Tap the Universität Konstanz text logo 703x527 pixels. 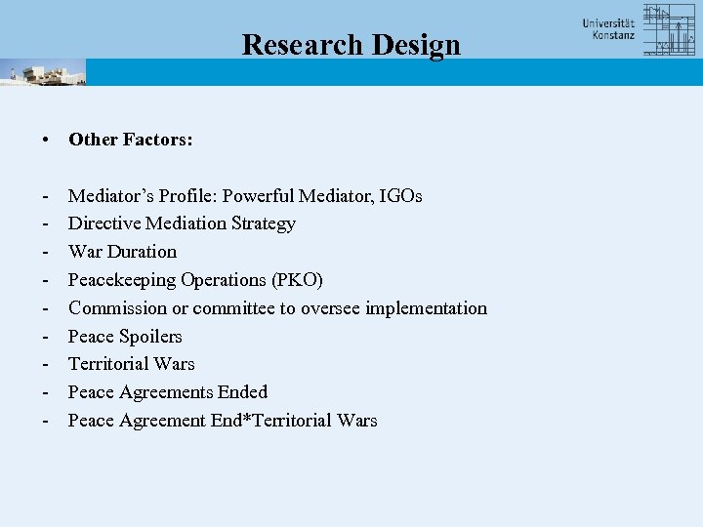pyautogui.click(x=608, y=29)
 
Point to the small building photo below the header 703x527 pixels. pyautogui.click(x=43, y=72)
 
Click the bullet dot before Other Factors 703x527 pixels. pyautogui.click(x=47, y=140)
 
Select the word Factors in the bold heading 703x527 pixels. pyautogui.click(x=158, y=140)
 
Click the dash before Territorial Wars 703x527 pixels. pyautogui.click(x=47, y=364)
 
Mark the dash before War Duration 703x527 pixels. pyautogui.click(x=47, y=252)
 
